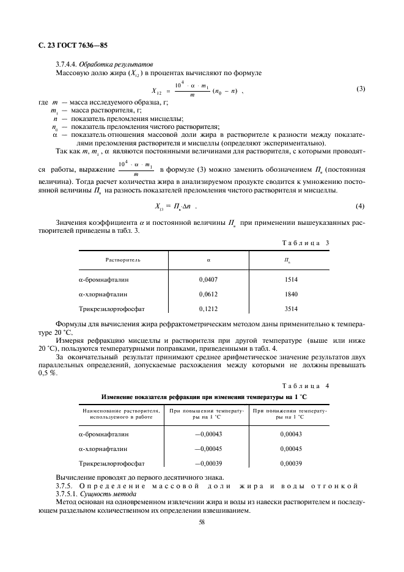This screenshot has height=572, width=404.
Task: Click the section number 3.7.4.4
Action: (x=67, y=65)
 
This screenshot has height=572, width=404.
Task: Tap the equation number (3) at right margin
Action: (x=361, y=89)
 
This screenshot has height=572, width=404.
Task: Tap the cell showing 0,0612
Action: (x=208, y=294)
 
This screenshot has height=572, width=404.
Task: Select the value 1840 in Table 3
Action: (x=292, y=294)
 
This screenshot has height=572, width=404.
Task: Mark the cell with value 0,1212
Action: (x=208, y=309)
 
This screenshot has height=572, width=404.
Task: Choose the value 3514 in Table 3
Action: (x=292, y=309)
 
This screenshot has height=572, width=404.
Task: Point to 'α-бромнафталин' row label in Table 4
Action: (x=104, y=434)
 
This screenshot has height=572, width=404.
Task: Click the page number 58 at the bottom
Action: (x=201, y=522)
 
